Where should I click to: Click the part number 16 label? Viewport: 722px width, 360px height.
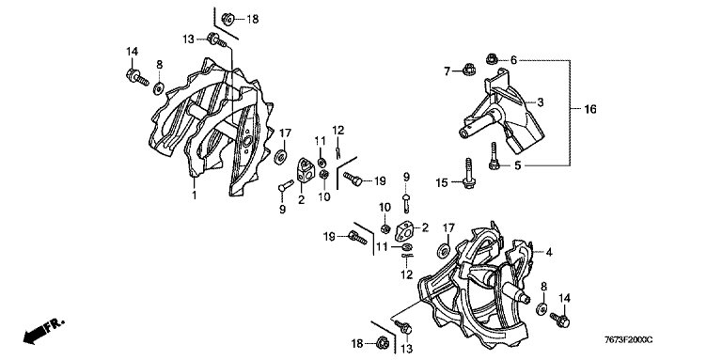tap(589, 110)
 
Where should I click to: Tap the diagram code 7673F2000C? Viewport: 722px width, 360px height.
tap(628, 340)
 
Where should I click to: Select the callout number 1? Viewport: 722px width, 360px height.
tap(195, 195)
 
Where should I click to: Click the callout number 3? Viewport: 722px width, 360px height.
tap(541, 102)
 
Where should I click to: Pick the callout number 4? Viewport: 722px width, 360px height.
tap(549, 252)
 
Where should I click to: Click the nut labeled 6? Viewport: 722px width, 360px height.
tap(492, 58)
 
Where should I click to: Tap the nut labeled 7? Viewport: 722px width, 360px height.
tap(467, 70)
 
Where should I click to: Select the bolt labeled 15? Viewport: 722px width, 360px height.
tap(468, 173)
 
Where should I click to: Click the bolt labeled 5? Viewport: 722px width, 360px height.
tap(494, 156)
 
